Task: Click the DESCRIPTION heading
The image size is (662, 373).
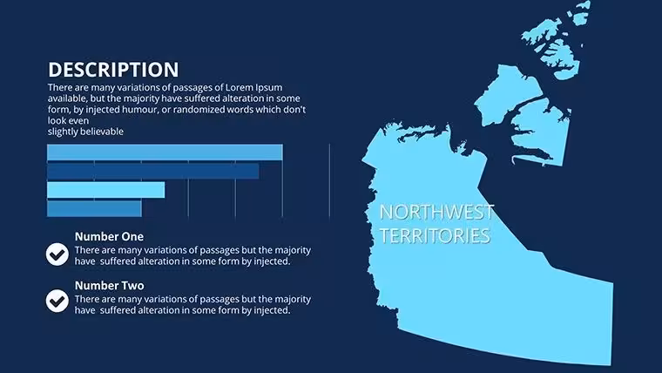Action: pos(113,70)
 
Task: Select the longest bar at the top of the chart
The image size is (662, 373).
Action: pos(165,153)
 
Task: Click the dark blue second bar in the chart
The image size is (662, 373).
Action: pos(152,171)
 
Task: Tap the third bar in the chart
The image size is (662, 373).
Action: pos(105,190)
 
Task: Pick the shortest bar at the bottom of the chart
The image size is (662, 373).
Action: pos(94,208)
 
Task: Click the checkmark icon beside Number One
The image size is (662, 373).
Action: pos(57,254)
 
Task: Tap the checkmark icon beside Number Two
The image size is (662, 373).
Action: pos(57,301)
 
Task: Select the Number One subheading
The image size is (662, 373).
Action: pos(109,236)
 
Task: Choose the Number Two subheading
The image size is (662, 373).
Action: pos(110,286)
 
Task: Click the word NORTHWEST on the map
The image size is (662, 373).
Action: pos(436,212)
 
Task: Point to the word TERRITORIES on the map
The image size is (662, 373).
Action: pos(435,235)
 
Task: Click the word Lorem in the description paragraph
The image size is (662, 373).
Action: pos(239,87)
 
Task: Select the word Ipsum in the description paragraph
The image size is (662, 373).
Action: pos(268,88)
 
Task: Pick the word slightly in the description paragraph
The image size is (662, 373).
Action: pos(63,132)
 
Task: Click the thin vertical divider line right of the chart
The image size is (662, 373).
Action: pos(330,180)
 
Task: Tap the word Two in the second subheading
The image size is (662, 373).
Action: pos(132,286)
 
